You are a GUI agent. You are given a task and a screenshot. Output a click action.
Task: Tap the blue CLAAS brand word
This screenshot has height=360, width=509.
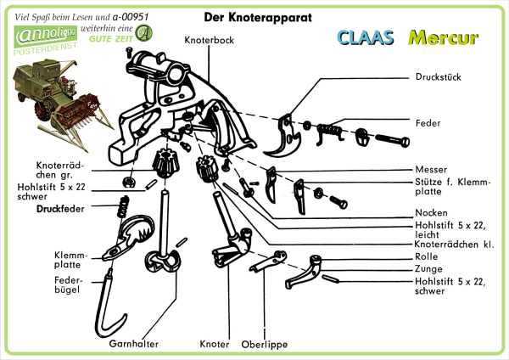(x=366, y=38)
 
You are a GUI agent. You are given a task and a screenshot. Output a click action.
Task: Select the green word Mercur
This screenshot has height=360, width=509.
(x=442, y=38)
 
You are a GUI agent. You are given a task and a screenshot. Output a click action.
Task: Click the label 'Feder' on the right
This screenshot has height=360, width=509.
(x=428, y=122)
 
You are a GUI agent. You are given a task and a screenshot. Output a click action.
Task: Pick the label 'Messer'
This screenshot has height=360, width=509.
(x=431, y=169)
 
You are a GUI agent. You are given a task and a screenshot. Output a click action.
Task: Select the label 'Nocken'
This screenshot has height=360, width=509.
(x=432, y=212)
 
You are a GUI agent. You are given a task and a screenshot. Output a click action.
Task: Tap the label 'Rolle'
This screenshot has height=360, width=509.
(x=428, y=256)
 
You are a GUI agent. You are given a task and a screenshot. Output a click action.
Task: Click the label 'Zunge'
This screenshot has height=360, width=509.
(x=429, y=267)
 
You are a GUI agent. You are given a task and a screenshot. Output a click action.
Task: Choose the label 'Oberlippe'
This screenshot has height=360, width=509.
(x=262, y=344)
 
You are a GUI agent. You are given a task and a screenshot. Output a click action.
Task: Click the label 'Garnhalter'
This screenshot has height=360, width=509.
(x=135, y=344)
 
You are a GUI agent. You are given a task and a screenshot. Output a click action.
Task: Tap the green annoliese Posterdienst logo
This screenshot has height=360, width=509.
(x=45, y=41)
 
